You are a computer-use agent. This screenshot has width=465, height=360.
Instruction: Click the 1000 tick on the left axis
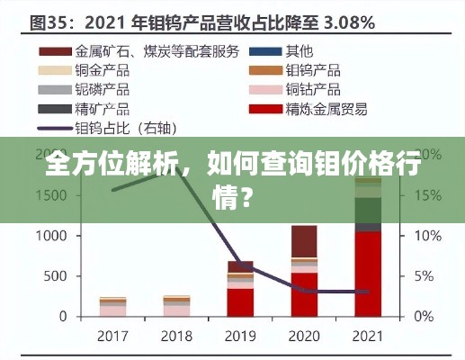tap(50, 236)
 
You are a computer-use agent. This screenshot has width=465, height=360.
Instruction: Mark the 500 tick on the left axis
tap(56, 276)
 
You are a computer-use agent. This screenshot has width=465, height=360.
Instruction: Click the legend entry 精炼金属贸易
tap(325, 109)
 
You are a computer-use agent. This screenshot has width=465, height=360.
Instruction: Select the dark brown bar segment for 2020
tap(304, 240)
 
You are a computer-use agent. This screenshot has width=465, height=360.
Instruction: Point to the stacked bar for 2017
tap(112, 307)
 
